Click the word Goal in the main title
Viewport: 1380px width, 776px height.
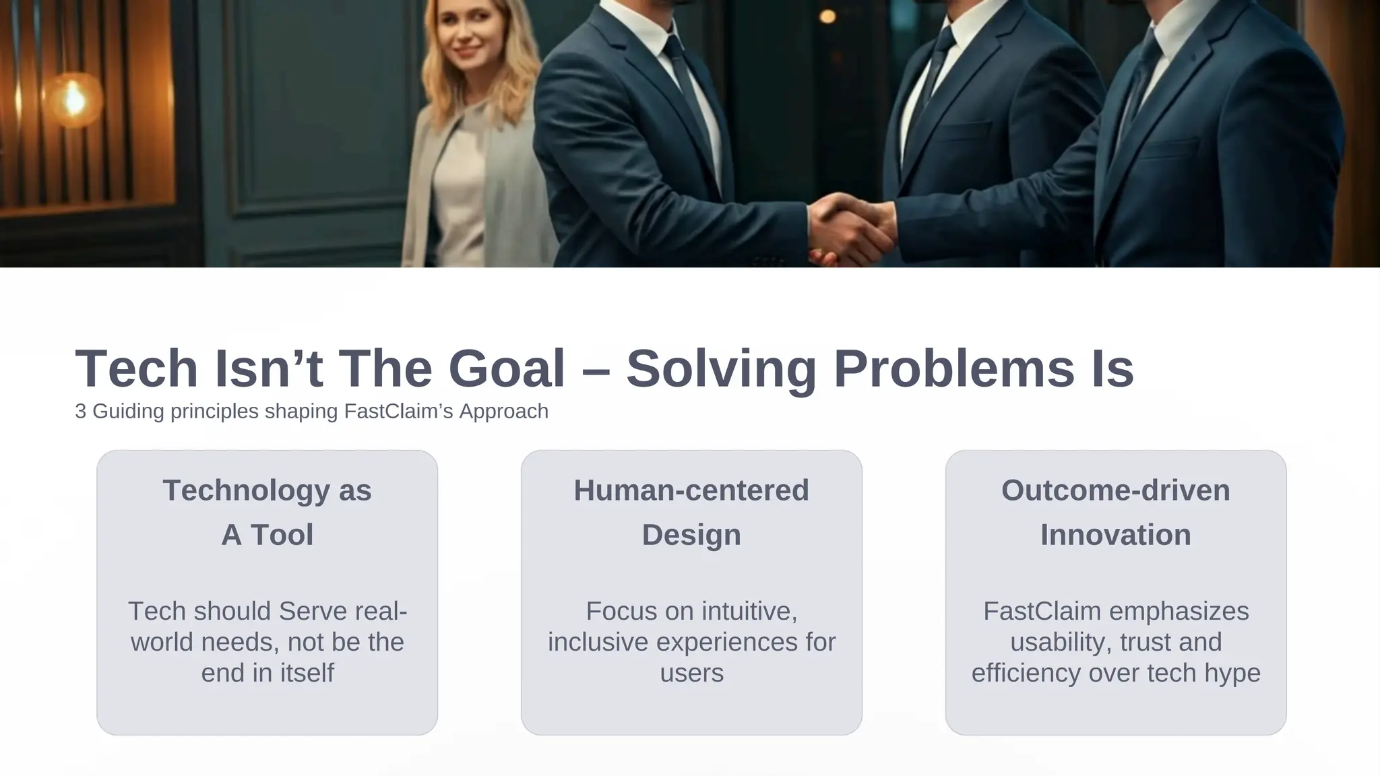(506, 369)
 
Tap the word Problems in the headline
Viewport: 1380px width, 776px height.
(953, 369)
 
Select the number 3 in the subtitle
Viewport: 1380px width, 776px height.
(80, 412)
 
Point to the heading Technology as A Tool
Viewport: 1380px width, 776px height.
(267, 512)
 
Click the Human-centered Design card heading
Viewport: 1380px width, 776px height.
(691, 512)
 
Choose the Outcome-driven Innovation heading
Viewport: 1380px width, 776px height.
(1115, 512)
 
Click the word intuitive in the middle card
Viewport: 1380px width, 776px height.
(749, 611)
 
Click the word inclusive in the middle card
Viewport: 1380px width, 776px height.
(598, 642)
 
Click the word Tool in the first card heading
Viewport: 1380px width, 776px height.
(282, 535)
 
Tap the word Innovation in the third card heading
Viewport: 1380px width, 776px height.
(1115, 535)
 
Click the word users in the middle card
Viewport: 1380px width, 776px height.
(691, 673)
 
